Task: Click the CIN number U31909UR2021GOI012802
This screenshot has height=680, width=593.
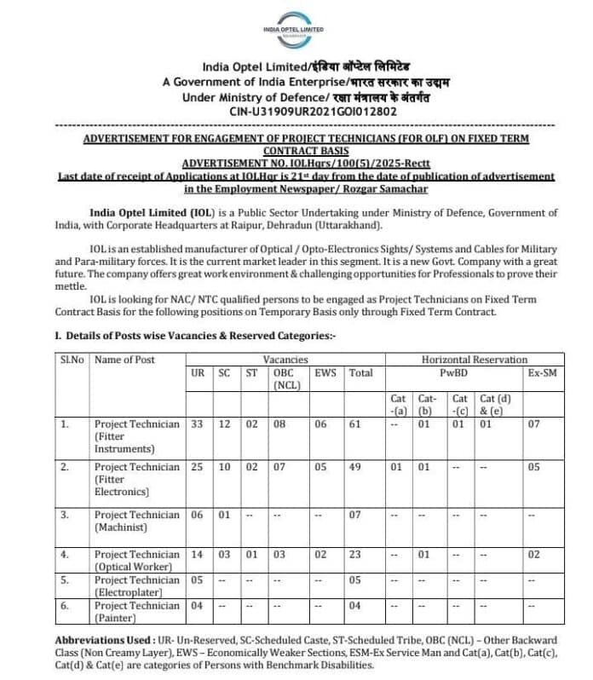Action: coord(313,111)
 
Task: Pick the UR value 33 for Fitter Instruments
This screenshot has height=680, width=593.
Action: coord(197,424)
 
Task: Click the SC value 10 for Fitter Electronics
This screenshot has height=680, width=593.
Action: coord(223,467)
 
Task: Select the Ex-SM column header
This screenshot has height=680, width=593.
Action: coord(542,373)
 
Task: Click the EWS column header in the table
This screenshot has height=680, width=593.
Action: coord(325,373)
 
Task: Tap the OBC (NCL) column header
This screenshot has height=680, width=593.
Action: coord(285,379)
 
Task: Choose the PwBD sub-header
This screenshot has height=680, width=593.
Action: coord(452,373)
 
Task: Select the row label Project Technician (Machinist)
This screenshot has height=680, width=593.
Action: coord(136,522)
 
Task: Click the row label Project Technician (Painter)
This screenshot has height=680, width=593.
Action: coord(136,612)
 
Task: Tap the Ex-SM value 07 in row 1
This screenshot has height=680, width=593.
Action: coord(533,424)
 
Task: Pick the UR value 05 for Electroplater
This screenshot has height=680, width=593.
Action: coord(197,580)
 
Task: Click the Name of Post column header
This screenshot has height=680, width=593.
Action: coord(124,360)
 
